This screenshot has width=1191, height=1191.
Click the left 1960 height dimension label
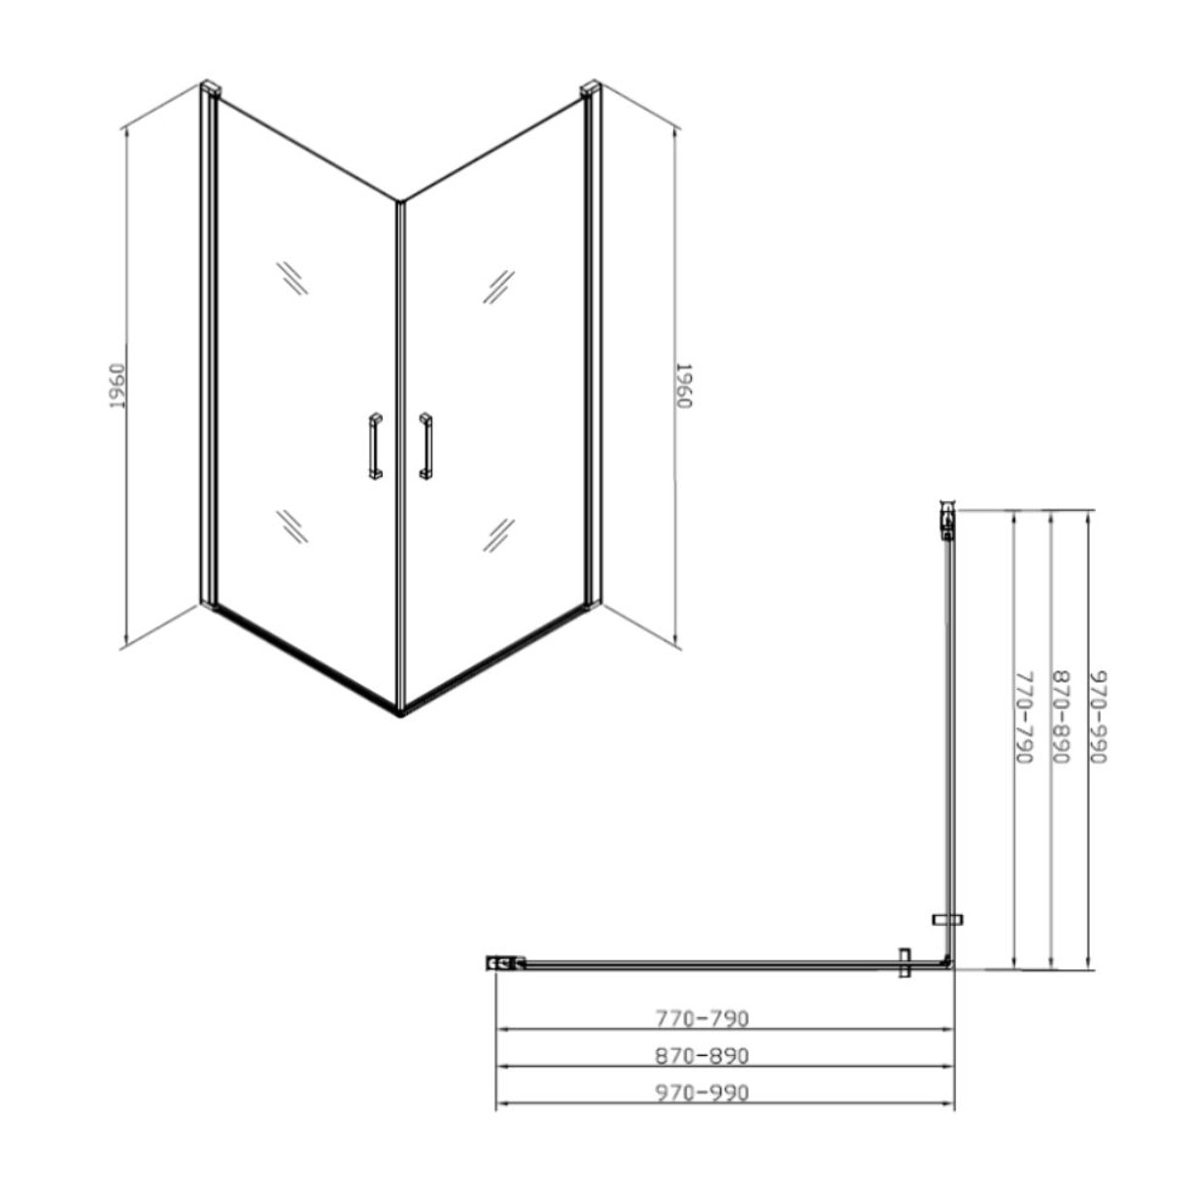pyautogui.click(x=117, y=386)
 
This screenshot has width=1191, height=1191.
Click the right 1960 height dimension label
pyautogui.click(x=683, y=386)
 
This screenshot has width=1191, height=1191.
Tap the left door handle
pyautogui.click(x=375, y=446)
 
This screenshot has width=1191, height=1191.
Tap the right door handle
pyautogui.click(x=425, y=446)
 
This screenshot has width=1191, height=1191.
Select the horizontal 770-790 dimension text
pyautogui.click(x=701, y=1018)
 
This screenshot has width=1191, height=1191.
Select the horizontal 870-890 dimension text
pyautogui.click(x=701, y=1055)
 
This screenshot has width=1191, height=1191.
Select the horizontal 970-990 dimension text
pyautogui.click(x=701, y=1093)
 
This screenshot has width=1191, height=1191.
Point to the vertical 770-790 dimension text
pyautogui.click(x=1023, y=717)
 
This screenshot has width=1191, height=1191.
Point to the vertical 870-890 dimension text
pyautogui.click(x=1061, y=717)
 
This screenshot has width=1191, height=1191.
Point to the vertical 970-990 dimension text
pyautogui.click(x=1098, y=717)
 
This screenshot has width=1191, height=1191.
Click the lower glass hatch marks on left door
pyautogui.click(x=291, y=526)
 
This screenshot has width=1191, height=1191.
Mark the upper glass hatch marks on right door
pyautogui.click(x=499, y=286)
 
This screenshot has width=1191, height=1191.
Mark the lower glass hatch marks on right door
pyautogui.click(x=499, y=534)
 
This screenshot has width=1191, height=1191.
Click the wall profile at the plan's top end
pyautogui.click(x=947, y=519)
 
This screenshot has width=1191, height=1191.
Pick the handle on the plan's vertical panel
pyautogui.click(x=947, y=919)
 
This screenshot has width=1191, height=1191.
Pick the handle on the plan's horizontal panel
pyautogui.click(x=905, y=963)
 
